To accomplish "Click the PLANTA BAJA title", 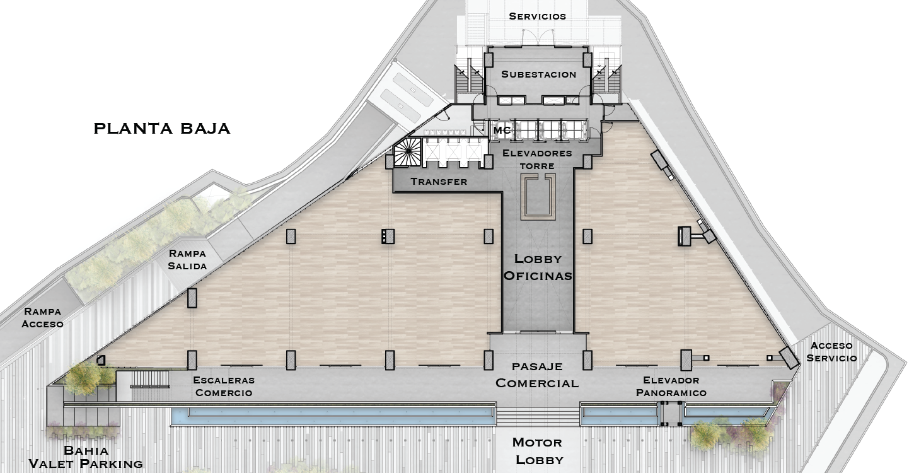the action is click(x=162, y=129).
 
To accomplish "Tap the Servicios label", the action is click(x=538, y=16).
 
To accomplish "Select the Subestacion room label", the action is click(x=538, y=74).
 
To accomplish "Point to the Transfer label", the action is click(x=439, y=182).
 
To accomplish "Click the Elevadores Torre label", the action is click(x=537, y=160).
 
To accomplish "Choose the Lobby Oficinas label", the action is click(x=538, y=267).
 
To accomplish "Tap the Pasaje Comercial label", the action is click(x=537, y=375).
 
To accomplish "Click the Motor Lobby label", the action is click(x=538, y=451).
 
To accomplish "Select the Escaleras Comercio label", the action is click(x=224, y=386).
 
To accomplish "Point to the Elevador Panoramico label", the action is click(x=671, y=387).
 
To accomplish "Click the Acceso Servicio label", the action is click(x=831, y=352).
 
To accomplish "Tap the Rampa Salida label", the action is click(x=187, y=260).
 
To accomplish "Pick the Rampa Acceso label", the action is click(x=42, y=317).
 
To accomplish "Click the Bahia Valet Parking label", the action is click(x=86, y=457).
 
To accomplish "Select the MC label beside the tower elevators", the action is click(x=502, y=130).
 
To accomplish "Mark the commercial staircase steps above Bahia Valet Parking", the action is click(x=149, y=379).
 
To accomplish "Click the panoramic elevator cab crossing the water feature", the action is click(x=671, y=414).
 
